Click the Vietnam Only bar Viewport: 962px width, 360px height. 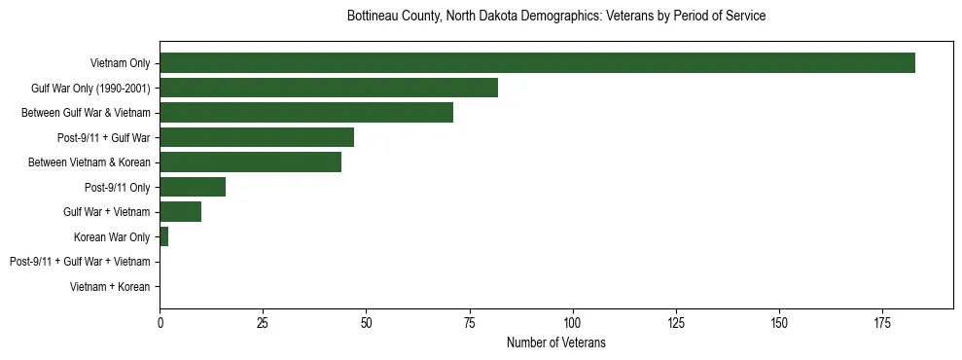[537, 63]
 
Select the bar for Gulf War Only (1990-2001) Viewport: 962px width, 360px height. [329, 88]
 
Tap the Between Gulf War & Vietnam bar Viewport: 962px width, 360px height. [306, 113]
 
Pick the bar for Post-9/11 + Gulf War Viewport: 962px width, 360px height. [257, 137]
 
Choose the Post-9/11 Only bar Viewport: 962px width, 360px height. [193, 187]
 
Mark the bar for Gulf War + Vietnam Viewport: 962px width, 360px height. [181, 212]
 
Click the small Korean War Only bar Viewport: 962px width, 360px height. [163, 236]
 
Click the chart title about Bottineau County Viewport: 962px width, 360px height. [556, 17]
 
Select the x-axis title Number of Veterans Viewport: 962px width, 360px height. [556, 342]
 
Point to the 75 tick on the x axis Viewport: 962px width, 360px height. [470, 321]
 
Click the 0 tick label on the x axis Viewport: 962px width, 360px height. [160, 321]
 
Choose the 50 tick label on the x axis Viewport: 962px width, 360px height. [366, 321]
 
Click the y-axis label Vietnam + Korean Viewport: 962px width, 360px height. [110, 287]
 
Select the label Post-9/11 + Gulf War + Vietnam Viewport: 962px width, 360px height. [80, 262]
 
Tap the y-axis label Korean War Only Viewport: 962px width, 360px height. [112, 237]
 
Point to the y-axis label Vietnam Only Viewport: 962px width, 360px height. [120, 64]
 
